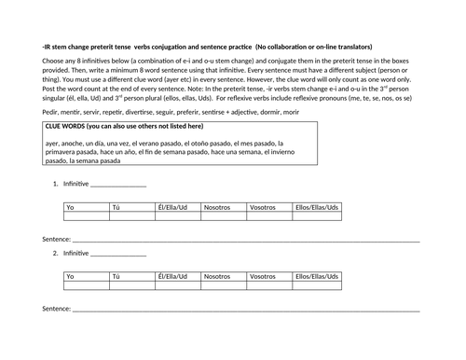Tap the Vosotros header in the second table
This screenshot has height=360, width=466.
pyautogui.click(x=263, y=277)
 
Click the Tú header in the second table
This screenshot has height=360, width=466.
pyautogui.click(x=116, y=277)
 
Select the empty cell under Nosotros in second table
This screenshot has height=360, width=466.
pyautogui.click(x=224, y=286)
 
